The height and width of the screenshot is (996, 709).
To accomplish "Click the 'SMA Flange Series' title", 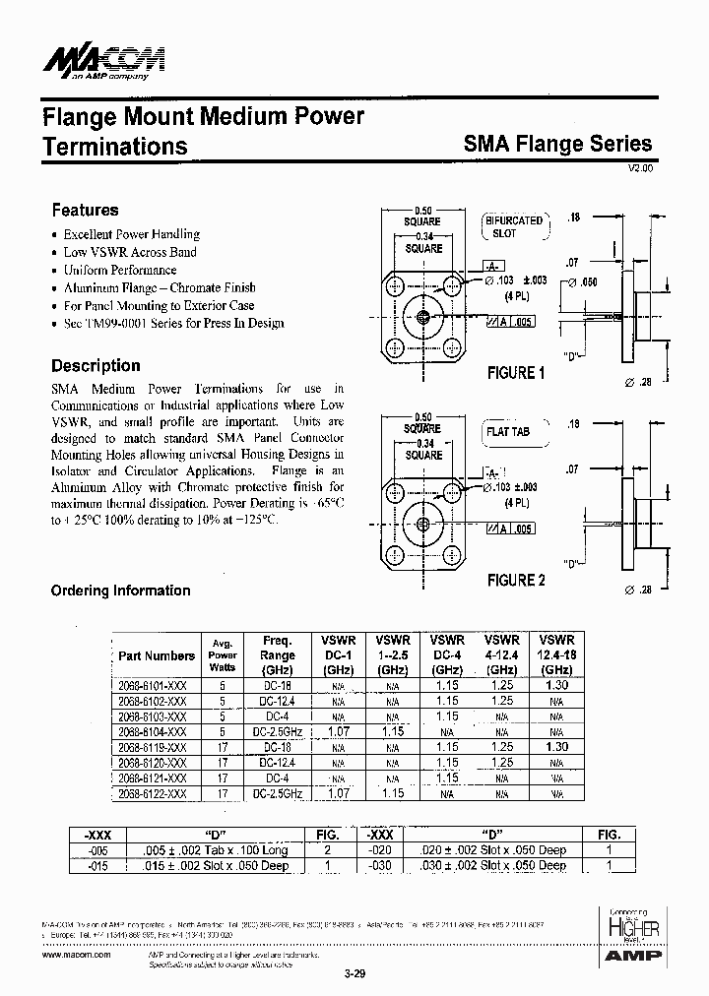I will pos(557,144).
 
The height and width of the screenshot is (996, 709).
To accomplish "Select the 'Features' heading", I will pos(85,210).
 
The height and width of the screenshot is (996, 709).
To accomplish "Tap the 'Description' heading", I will pos(96,365).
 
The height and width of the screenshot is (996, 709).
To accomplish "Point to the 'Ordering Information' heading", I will pos(120,591).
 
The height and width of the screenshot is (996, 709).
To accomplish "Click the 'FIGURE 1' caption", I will pos(516,373).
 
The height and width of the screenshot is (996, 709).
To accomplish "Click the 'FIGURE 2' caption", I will pos(516,581).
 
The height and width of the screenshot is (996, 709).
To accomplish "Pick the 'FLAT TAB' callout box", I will pos(507,432).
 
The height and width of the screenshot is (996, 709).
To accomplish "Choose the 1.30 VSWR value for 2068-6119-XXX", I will pos(556,747).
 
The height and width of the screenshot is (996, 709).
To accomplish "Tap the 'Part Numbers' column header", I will pos(156,656).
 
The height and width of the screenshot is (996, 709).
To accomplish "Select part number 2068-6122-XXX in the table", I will pos(153,793).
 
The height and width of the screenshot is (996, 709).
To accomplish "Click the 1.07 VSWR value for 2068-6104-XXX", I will pos(338,731).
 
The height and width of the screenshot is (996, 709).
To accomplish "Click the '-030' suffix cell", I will pos(381,866).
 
